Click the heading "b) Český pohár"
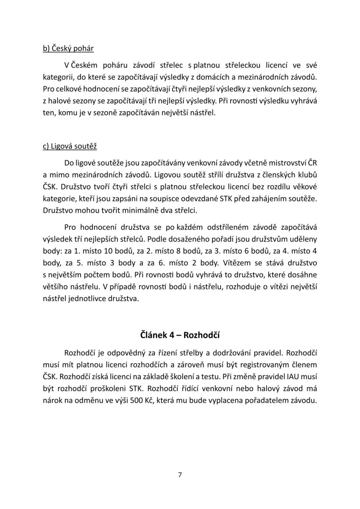(x=68, y=48)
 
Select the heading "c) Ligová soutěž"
(x=70, y=146)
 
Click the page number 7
(x=180, y=474)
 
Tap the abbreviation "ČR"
(x=312, y=162)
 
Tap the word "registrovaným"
(x=269, y=364)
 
